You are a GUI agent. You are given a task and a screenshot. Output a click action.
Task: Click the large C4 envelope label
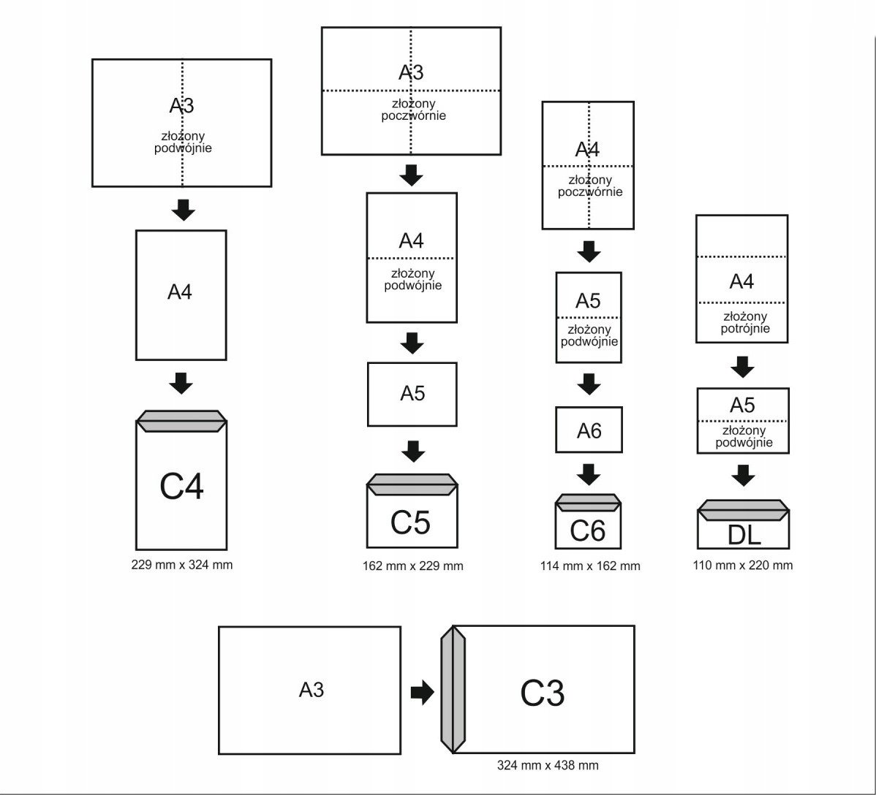[x=181, y=487]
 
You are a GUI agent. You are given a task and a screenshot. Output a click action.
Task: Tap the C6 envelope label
[x=588, y=531]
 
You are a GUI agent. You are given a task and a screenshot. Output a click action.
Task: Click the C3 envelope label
[x=542, y=693]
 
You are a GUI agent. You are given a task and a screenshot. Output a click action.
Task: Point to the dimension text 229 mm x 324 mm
[x=181, y=565]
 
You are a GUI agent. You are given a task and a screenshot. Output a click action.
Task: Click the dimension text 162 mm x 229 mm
[x=412, y=566]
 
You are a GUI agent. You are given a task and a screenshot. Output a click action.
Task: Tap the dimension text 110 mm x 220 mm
[x=742, y=565]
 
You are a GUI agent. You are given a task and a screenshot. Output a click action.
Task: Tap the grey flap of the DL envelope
[x=743, y=509]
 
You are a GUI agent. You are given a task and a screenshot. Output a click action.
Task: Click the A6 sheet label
[x=589, y=431]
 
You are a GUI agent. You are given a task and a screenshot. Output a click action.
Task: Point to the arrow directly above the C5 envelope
[x=414, y=451]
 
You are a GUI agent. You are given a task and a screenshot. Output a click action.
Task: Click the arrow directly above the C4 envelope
[x=181, y=381]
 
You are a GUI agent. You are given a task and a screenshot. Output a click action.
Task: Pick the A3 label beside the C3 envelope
[x=311, y=690]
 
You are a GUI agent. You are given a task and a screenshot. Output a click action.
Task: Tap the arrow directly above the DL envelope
[x=744, y=476]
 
